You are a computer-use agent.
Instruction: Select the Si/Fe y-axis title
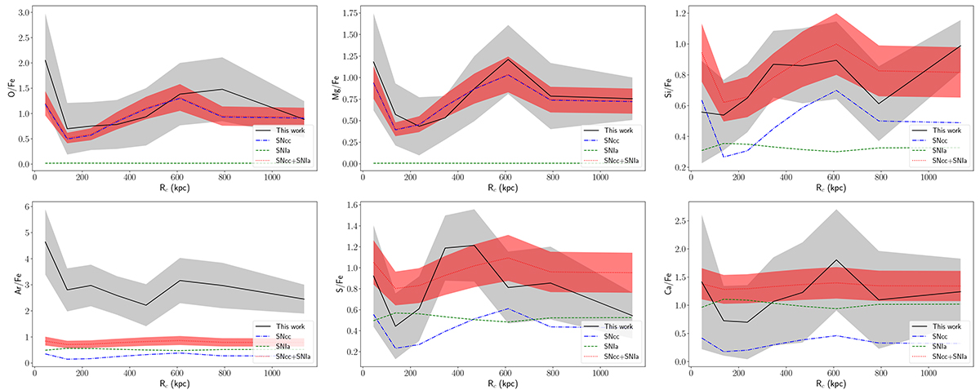pos(665,89)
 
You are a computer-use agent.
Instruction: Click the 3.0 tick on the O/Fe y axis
pos(21,14)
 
